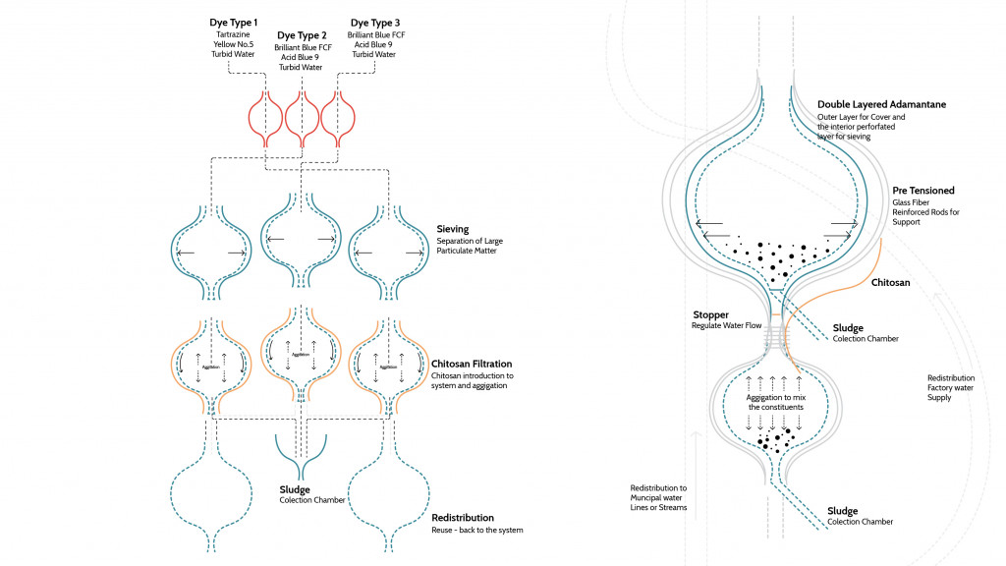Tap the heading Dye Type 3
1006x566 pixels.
point(375,22)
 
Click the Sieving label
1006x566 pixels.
point(453,229)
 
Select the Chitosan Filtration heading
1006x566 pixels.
point(472,364)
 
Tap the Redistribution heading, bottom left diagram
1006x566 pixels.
point(463,517)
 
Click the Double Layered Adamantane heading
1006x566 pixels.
point(881,104)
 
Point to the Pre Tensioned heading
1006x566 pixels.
point(922,190)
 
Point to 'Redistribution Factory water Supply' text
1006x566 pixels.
point(951,387)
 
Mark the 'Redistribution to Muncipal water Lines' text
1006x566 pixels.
point(658,497)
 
